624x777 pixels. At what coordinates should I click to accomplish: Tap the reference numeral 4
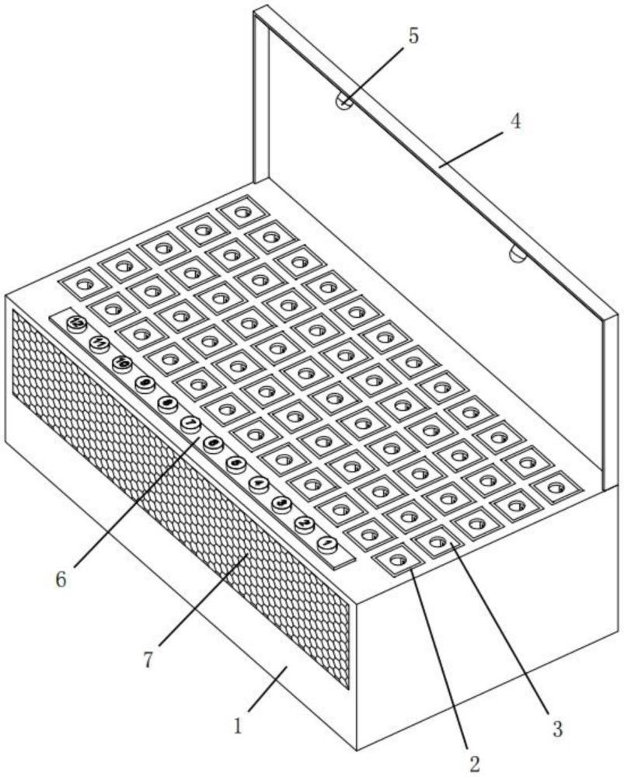tap(514, 122)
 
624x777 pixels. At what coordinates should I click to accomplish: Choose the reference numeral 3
tap(556, 728)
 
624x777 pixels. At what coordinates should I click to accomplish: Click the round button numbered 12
tap(75, 322)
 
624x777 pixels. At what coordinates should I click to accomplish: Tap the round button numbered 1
tap(326, 543)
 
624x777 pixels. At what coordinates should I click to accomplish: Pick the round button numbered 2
tap(304, 524)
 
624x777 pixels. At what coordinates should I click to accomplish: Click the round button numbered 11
tap(99, 343)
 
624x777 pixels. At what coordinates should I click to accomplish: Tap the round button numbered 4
tap(259, 483)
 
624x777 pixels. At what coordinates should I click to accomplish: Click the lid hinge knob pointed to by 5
tap(343, 101)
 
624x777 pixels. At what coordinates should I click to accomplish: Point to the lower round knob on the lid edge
tap(518, 253)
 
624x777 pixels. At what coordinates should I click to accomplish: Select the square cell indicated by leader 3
tap(436, 541)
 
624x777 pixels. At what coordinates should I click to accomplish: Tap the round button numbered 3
tap(281, 503)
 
